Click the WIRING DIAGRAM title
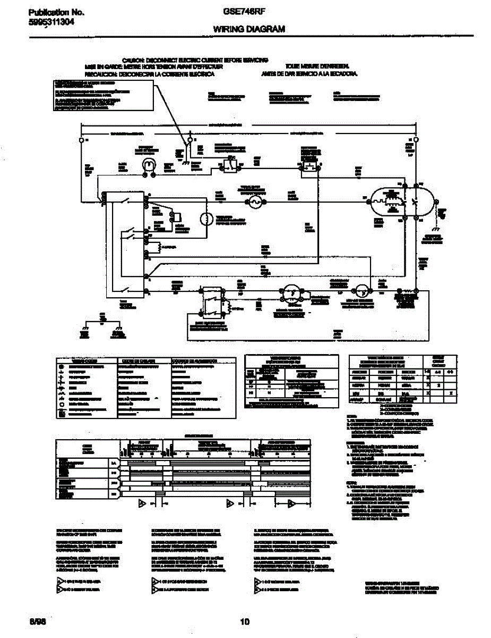pyautogui.click(x=249, y=30)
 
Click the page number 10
pyautogui.click(x=245, y=622)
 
